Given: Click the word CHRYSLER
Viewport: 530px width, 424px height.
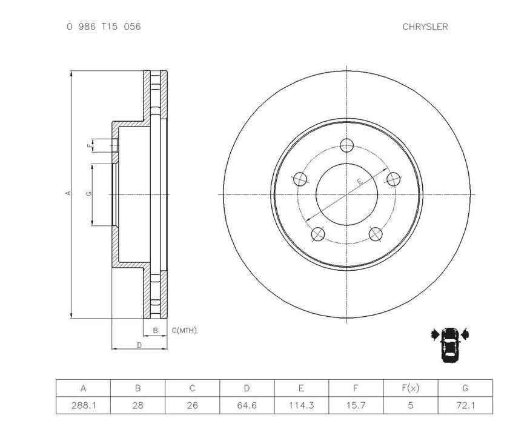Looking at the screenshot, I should tap(425, 27).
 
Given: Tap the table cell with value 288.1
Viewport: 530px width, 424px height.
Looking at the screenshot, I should tap(83, 405).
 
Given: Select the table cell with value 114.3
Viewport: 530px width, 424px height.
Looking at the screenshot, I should tap(301, 405).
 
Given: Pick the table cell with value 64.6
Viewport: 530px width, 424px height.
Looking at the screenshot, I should tap(247, 405).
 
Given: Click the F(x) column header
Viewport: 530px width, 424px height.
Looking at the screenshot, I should tap(410, 388).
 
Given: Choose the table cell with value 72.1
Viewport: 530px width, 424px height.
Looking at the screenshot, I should tap(465, 405).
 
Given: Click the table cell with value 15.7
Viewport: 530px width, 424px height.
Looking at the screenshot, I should tap(356, 405).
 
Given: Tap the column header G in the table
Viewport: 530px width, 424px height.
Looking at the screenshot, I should tap(465, 388).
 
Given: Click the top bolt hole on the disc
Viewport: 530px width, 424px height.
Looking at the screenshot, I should tap(346, 145).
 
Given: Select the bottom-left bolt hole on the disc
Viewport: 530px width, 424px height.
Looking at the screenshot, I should tap(317, 234).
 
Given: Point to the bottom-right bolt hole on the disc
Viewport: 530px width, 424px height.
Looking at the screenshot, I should tap(376, 234).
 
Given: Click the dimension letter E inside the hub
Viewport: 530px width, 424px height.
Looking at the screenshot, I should tap(359, 182).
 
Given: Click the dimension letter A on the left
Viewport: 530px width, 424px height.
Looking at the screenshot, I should tap(68, 193).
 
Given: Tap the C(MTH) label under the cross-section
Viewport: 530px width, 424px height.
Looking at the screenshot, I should tap(184, 330).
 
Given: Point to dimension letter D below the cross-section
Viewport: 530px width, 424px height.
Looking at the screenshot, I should tap(139, 345).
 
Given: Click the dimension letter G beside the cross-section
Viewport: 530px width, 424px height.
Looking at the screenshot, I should tap(89, 194).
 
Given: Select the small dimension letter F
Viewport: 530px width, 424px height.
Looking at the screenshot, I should tap(89, 146).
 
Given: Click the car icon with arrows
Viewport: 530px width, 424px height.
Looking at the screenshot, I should tap(450, 343).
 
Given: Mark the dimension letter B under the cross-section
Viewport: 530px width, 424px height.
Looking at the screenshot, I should tap(155, 330).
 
